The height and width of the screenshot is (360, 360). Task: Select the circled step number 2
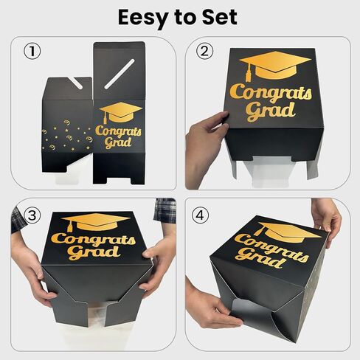(x=205, y=52)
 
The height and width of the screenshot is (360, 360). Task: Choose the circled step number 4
(x=205, y=215)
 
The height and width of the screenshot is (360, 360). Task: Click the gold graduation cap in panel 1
(x=120, y=112)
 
